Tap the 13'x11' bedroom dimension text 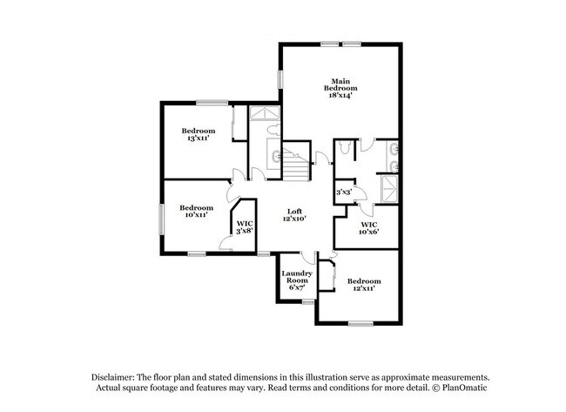[x=198, y=138]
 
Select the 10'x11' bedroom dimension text [x=196, y=214]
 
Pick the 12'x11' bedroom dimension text [x=364, y=288]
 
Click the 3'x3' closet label [x=344, y=192]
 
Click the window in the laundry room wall [x=307, y=301]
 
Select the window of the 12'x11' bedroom [x=360, y=324]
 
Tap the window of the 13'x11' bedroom [x=212, y=103]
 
